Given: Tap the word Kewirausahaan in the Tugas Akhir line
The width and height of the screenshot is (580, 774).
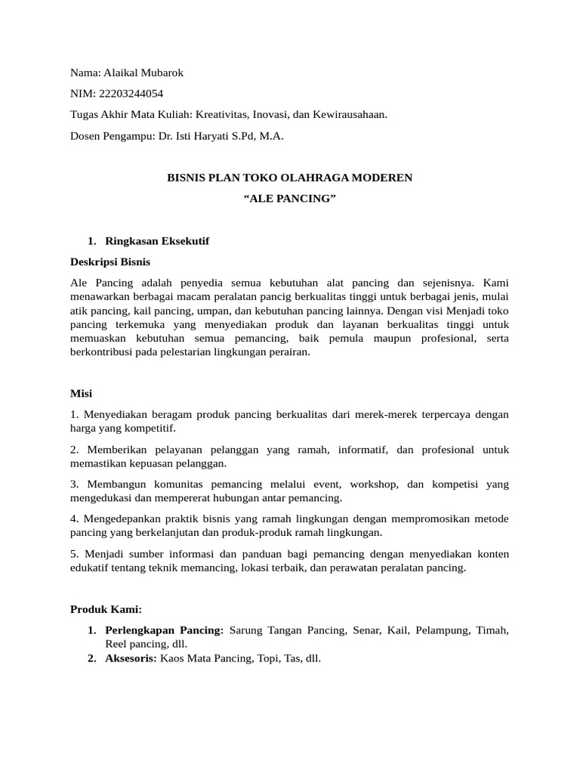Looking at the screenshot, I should click(x=350, y=115).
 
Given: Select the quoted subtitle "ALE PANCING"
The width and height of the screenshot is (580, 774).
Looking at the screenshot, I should click(x=290, y=199).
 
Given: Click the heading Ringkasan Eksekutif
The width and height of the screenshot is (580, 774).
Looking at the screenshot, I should click(x=157, y=241).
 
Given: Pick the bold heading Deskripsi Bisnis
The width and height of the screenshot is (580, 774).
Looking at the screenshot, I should click(x=110, y=262).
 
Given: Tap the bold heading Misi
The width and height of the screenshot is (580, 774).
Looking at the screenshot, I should click(x=81, y=394).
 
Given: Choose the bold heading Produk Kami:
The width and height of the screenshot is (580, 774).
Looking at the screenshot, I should click(x=106, y=609).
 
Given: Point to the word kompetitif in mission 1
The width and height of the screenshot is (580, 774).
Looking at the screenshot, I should click(x=150, y=428).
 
